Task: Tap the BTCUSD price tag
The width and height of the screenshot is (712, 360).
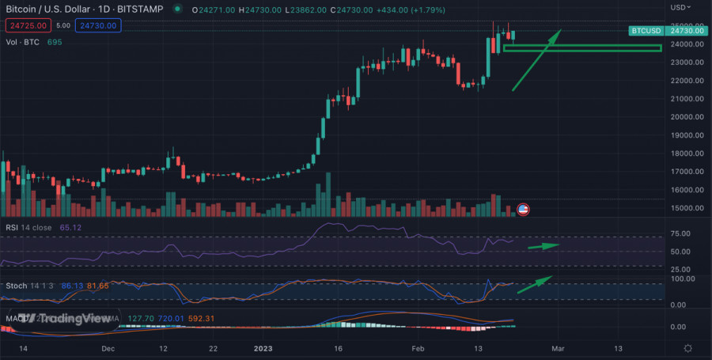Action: [x=646, y=31]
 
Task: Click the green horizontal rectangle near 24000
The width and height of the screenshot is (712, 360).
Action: [x=581, y=48]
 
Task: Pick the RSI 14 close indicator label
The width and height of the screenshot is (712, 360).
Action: [x=28, y=228]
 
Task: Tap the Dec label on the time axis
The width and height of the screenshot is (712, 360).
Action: [x=109, y=348]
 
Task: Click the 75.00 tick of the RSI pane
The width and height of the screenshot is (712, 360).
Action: [x=682, y=233]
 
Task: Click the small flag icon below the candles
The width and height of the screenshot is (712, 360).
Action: [x=522, y=210]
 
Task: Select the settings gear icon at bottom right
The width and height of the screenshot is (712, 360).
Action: [x=688, y=349]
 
